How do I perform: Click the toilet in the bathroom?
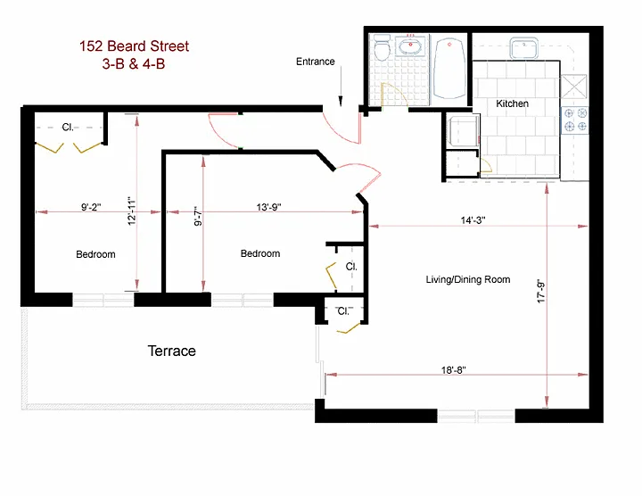(382, 48)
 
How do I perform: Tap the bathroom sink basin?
(411, 47)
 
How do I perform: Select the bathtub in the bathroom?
(449, 69)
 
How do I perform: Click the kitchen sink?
(524, 48)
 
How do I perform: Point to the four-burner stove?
(574, 120)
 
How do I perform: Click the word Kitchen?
(512, 103)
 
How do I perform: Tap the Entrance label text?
(316, 62)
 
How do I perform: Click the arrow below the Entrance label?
(341, 87)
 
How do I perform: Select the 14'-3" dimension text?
(473, 220)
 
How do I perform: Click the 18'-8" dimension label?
(454, 370)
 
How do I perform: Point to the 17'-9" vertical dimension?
(541, 291)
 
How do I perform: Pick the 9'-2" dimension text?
(91, 207)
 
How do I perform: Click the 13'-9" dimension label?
(269, 207)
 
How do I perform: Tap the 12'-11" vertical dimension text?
(131, 211)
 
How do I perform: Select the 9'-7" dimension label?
(198, 216)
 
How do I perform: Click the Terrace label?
(171, 351)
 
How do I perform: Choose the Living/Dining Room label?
(468, 279)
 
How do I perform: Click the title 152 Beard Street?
(134, 46)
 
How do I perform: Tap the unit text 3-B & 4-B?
(134, 64)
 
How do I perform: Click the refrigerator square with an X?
(573, 87)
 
